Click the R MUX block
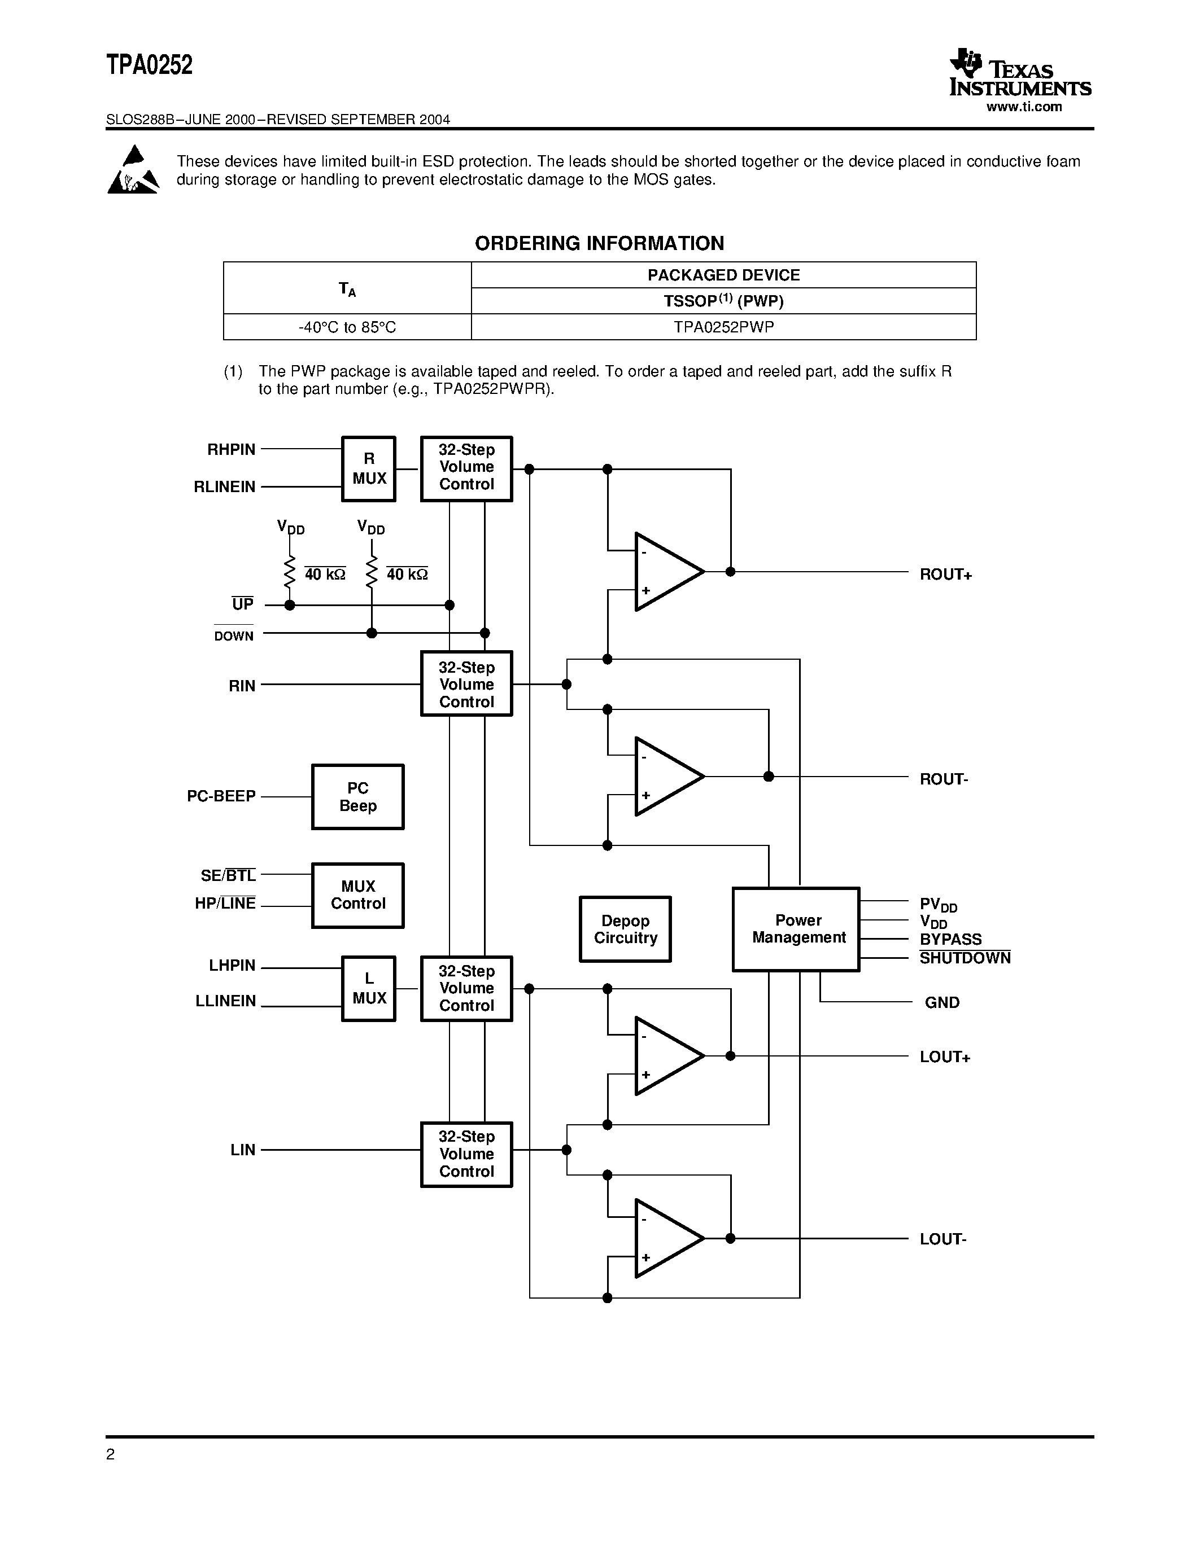click(368, 469)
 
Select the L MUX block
click(368, 988)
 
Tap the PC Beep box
click(357, 797)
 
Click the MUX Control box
click(357, 896)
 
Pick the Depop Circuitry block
click(625, 929)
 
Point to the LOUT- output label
click(942, 1239)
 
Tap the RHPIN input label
click(231, 449)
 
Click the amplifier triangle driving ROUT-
click(667, 776)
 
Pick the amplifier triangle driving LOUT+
click(667, 1056)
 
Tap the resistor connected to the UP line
click(289, 572)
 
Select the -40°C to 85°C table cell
click(347, 327)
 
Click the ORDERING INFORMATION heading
click(599, 243)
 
